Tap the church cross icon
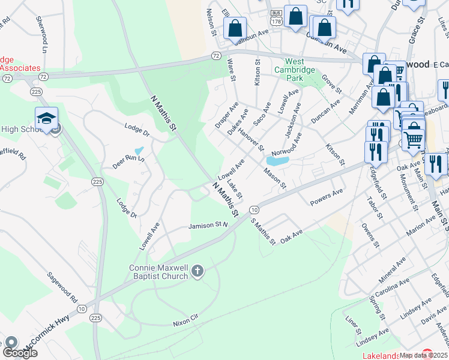pos(196,273)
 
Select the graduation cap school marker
pos(46,119)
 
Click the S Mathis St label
pos(263,232)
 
